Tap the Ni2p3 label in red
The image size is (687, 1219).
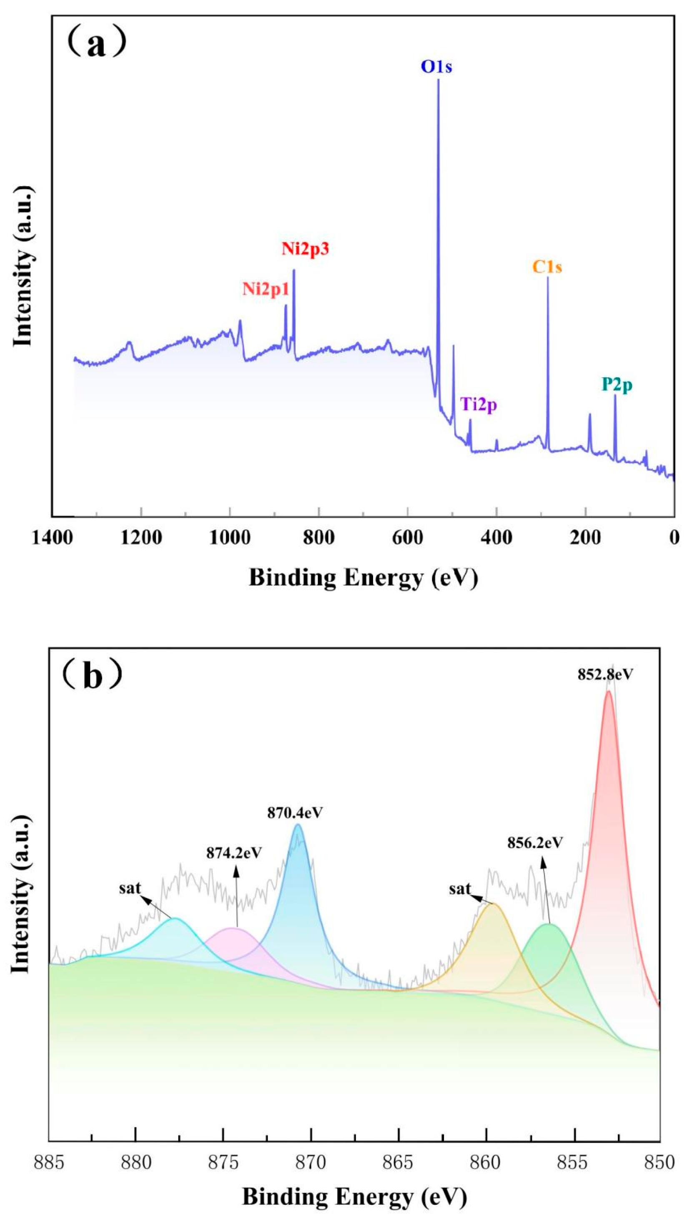point(305,249)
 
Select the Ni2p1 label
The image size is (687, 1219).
point(266,288)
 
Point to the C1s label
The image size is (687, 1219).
point(547,267)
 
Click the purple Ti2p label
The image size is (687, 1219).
point(479,405)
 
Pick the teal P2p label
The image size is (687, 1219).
point(617,385)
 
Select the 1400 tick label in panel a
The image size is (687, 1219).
point(52,538)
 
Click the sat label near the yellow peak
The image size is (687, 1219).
point(460,889)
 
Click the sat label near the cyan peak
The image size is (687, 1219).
point(130,888)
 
